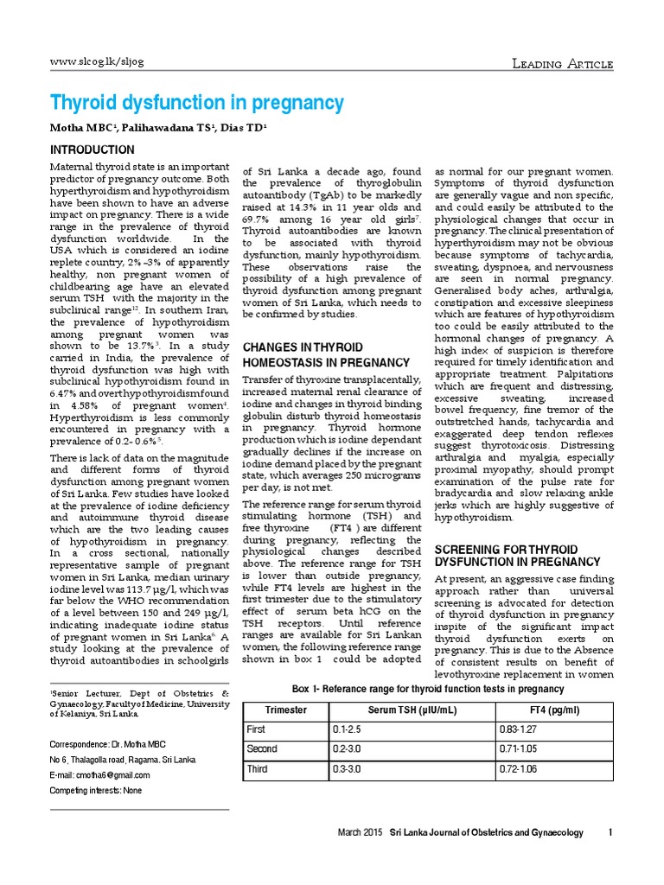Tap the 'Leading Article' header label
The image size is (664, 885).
[563, 65]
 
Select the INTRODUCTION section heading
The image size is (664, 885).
[92, 150]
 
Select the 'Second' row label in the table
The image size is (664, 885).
[262, 748]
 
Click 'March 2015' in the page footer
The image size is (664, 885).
[360, 833]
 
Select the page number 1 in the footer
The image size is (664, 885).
[610, 833]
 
